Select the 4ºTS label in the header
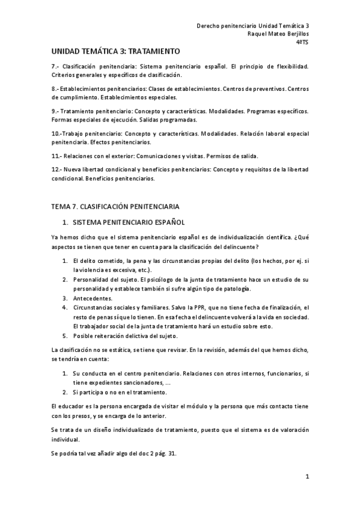click(x=302, y=43)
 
